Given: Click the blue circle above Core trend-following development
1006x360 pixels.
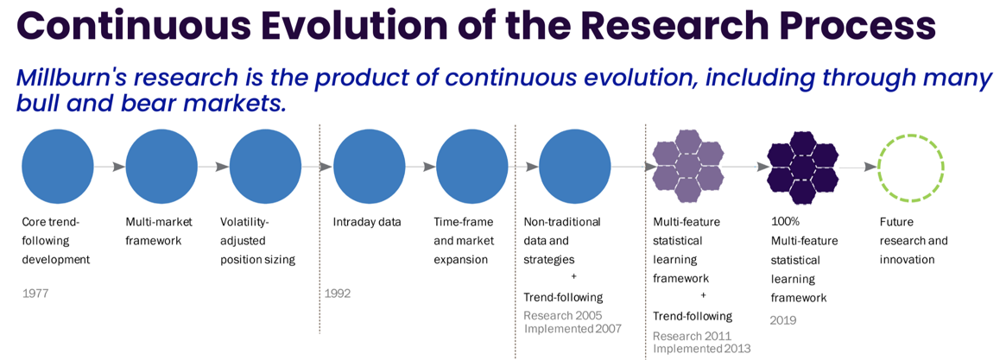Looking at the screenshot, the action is (58, 167).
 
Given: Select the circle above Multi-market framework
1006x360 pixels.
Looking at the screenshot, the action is (161, 167).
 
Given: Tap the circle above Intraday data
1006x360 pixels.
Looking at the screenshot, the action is (370, 167).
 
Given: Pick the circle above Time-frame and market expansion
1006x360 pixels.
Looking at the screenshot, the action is (472, 167).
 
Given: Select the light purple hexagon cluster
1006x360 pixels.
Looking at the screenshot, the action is (688, 167).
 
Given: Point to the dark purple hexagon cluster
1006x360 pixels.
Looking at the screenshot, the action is (802, 167).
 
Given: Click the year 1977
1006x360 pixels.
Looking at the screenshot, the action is (35, 294).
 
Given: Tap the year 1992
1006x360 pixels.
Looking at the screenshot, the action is (338, 294).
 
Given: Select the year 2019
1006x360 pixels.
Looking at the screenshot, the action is (783, 319).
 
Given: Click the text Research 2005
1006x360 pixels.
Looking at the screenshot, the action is (563, 316).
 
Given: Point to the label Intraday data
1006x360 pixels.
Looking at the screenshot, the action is (367, 223).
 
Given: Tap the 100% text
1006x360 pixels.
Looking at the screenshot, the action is (785, 223).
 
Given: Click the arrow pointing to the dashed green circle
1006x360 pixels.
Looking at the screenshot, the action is (858, 167).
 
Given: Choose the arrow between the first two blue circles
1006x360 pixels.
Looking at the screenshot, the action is (110, 167).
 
